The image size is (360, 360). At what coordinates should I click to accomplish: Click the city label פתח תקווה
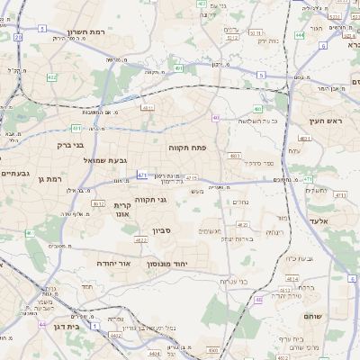point(187,145)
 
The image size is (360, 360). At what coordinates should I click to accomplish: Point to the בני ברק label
point(65,144)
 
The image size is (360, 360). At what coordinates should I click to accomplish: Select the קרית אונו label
point(123,210)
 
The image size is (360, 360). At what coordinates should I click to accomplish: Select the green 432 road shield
point(51,78)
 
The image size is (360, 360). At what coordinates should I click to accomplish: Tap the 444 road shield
point(298,35)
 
